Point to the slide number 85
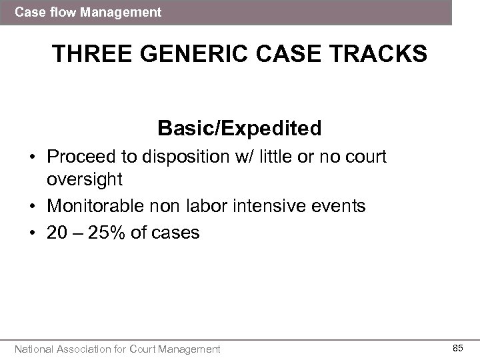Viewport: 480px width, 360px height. (x=458, y=348)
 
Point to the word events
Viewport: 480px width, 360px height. (x=341, y=205)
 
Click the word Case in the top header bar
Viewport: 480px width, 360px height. (x=27, y=12)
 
